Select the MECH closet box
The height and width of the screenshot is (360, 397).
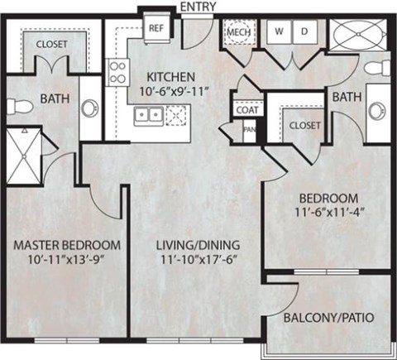(x=239, y=32)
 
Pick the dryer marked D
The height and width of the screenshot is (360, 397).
(x=304, y=32)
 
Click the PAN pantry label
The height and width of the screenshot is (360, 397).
(x=248, y=129)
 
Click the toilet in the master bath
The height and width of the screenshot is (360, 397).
(x=25, y=102)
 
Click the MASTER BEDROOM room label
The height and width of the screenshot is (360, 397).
(x=67, y=246)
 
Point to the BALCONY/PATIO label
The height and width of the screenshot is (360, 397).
(x=328, y=317)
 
